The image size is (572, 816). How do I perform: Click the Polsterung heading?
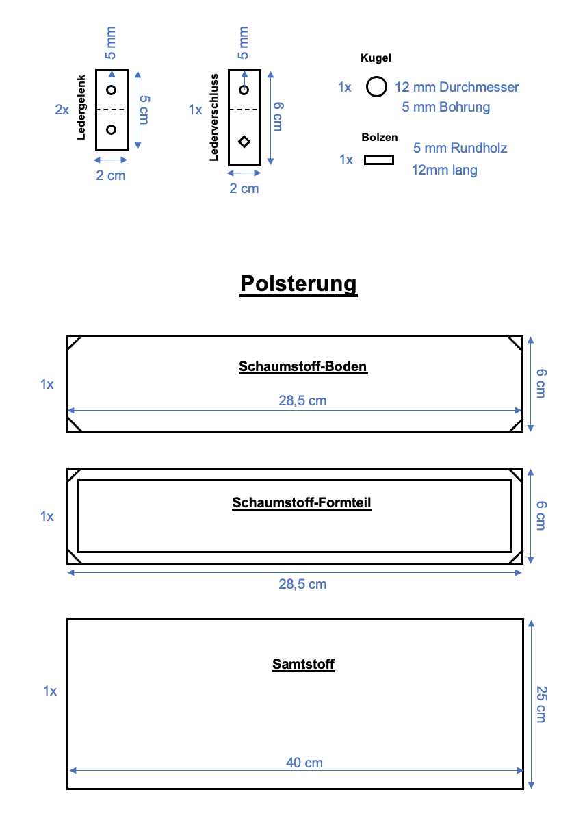click(298, 283)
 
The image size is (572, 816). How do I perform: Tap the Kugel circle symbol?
click(376, 87)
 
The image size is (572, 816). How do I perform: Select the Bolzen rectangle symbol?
click(378, 160)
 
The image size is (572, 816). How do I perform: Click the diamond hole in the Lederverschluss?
click(244, 142)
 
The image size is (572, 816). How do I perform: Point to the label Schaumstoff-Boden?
click(303, 366)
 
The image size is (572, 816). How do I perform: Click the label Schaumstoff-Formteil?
click(302, 503)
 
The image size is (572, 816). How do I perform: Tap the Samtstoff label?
click(303, 663)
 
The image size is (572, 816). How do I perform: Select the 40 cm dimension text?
click(304, 762)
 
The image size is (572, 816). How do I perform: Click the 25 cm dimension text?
click(541, 704)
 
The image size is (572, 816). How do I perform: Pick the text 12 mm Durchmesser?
click(457, 87)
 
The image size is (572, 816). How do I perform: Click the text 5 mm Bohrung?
click(446, 107)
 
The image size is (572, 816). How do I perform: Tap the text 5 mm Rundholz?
click(460, 148)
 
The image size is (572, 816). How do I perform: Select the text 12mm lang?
click(444, 170)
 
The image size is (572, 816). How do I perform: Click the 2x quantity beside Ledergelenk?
click(62, 109)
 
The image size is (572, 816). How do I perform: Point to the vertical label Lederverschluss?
click(214, 117)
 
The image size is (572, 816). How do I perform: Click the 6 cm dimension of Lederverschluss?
click(277, 116)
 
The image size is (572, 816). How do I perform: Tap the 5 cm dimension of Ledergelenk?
click(144, 109)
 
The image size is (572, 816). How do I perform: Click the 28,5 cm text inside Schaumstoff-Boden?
click(302, 400)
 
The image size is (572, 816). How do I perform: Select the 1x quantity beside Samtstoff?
click(49, 691)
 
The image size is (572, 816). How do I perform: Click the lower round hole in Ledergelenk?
click(112, 129)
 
